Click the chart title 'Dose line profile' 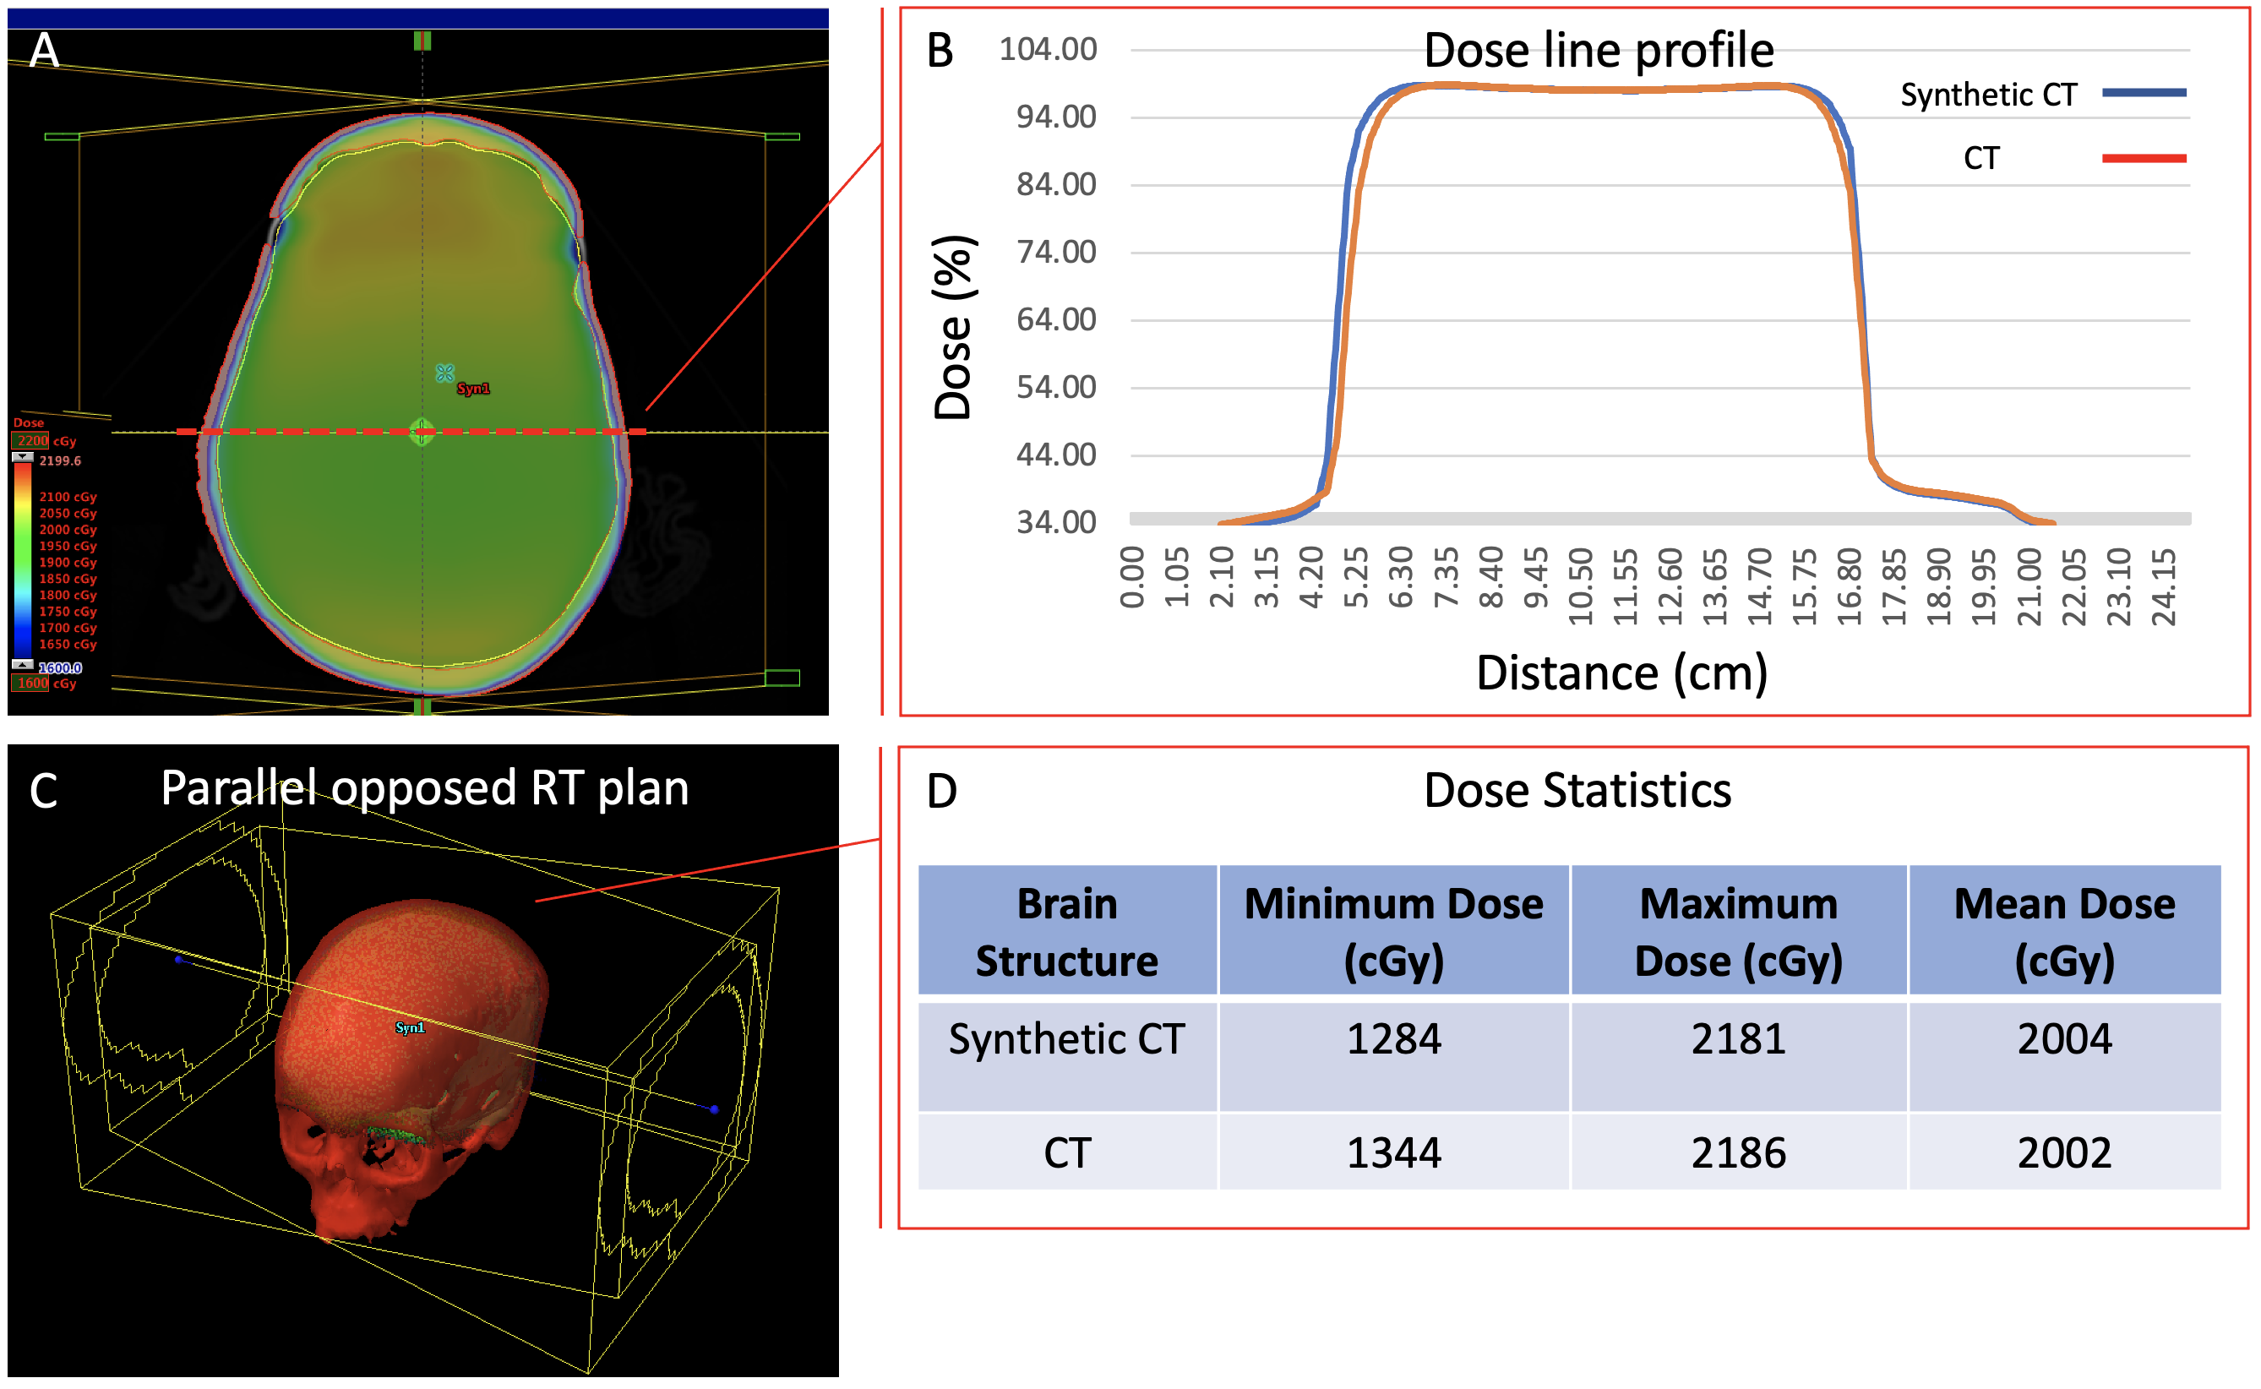click(x=1598, y=50)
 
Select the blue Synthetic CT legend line click(x=2144, y=93)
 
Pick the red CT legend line click(x=2144, y=158)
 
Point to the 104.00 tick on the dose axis click(x=1048, y=50)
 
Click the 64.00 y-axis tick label click(x=1055, y=319)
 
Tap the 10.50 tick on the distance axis click(x=1580, y=586)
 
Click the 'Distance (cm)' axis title click(x=1621, y=673)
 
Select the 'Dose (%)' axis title click(x=954, y=327)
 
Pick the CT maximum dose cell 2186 click(x=1738, y=1153)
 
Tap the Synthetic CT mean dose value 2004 click(x=2064, y=1039)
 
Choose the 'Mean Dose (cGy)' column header click(x=2064, y=932)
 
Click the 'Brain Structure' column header click(x=1066, y=932)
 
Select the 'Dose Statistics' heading click(x=1577, y=790)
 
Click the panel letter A click(x=44, y=51)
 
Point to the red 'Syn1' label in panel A click(x=473, y=389)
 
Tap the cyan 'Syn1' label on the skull click(x=410, y=1027)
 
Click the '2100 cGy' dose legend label click(x=67, y=497)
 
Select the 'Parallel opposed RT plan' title click(x=424, y=788)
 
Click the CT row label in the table click(x=1066, y=1153)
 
